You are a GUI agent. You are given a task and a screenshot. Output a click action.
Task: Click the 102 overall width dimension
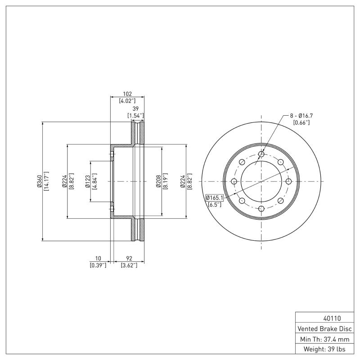tap(127, 94)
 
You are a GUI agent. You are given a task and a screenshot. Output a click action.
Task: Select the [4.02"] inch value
tap(127, 101)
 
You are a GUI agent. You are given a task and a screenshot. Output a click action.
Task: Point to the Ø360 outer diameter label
tap(40, 181)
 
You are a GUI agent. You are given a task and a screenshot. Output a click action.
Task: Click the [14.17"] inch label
tap(47, 181)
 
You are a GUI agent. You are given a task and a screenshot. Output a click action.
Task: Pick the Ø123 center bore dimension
tap(88, 181)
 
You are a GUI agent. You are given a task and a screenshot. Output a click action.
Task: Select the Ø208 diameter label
tap(158, 181)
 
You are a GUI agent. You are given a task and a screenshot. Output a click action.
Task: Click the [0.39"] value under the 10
tap(98, 265)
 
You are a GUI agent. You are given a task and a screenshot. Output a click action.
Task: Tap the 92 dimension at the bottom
tap(129, 258)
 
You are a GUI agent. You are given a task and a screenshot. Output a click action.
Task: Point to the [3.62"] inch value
tap(129, 265)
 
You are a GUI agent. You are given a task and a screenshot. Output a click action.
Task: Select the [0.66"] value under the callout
tap(301, 123)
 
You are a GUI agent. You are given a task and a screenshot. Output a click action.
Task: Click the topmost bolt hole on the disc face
tap(261, 154)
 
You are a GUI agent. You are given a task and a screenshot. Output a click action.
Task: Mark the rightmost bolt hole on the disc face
tap(289, 181)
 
